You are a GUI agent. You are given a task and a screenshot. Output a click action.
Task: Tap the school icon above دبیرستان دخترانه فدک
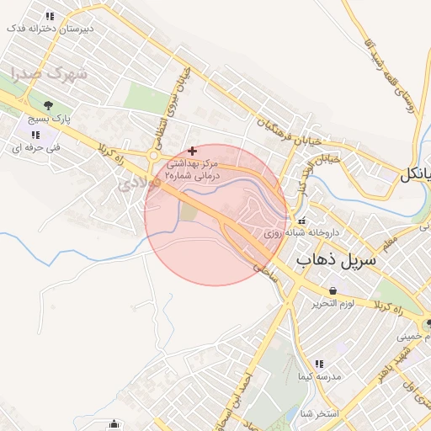tap(50, 16)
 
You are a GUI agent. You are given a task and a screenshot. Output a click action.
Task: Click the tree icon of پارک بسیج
tap(48, 106)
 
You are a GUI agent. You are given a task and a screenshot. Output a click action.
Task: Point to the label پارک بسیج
tap(48, 120)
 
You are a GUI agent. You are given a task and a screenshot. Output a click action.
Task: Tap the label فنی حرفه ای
tap(33, 147)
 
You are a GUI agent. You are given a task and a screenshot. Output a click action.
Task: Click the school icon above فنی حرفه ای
tap(35, 135)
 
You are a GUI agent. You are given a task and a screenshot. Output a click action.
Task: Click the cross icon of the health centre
tap(193, 150)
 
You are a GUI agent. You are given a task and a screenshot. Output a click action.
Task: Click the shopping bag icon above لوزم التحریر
tap(333, 290)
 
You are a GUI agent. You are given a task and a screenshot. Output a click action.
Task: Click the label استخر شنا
tap(318, 413)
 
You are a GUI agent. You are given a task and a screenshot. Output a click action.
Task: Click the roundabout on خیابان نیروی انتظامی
tap(154, 155)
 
